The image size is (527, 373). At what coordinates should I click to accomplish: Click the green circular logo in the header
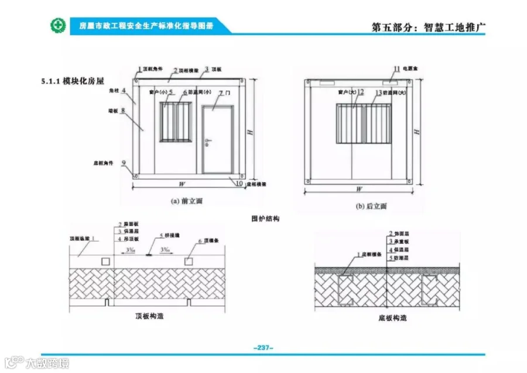(57, 26)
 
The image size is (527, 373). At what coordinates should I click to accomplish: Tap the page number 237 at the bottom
(263, 348)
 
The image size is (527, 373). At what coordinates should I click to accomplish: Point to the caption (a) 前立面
(186, 200)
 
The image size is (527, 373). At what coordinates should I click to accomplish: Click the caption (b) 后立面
(371, 206)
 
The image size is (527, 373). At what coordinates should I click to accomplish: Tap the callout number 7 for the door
(221, 93)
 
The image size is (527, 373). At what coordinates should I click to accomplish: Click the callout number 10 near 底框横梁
(239, 183)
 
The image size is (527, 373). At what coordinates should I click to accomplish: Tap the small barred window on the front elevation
(176, 122)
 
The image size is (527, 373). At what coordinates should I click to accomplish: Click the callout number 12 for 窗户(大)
(360, 92)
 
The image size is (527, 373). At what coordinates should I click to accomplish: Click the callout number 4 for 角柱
(124, 90)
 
